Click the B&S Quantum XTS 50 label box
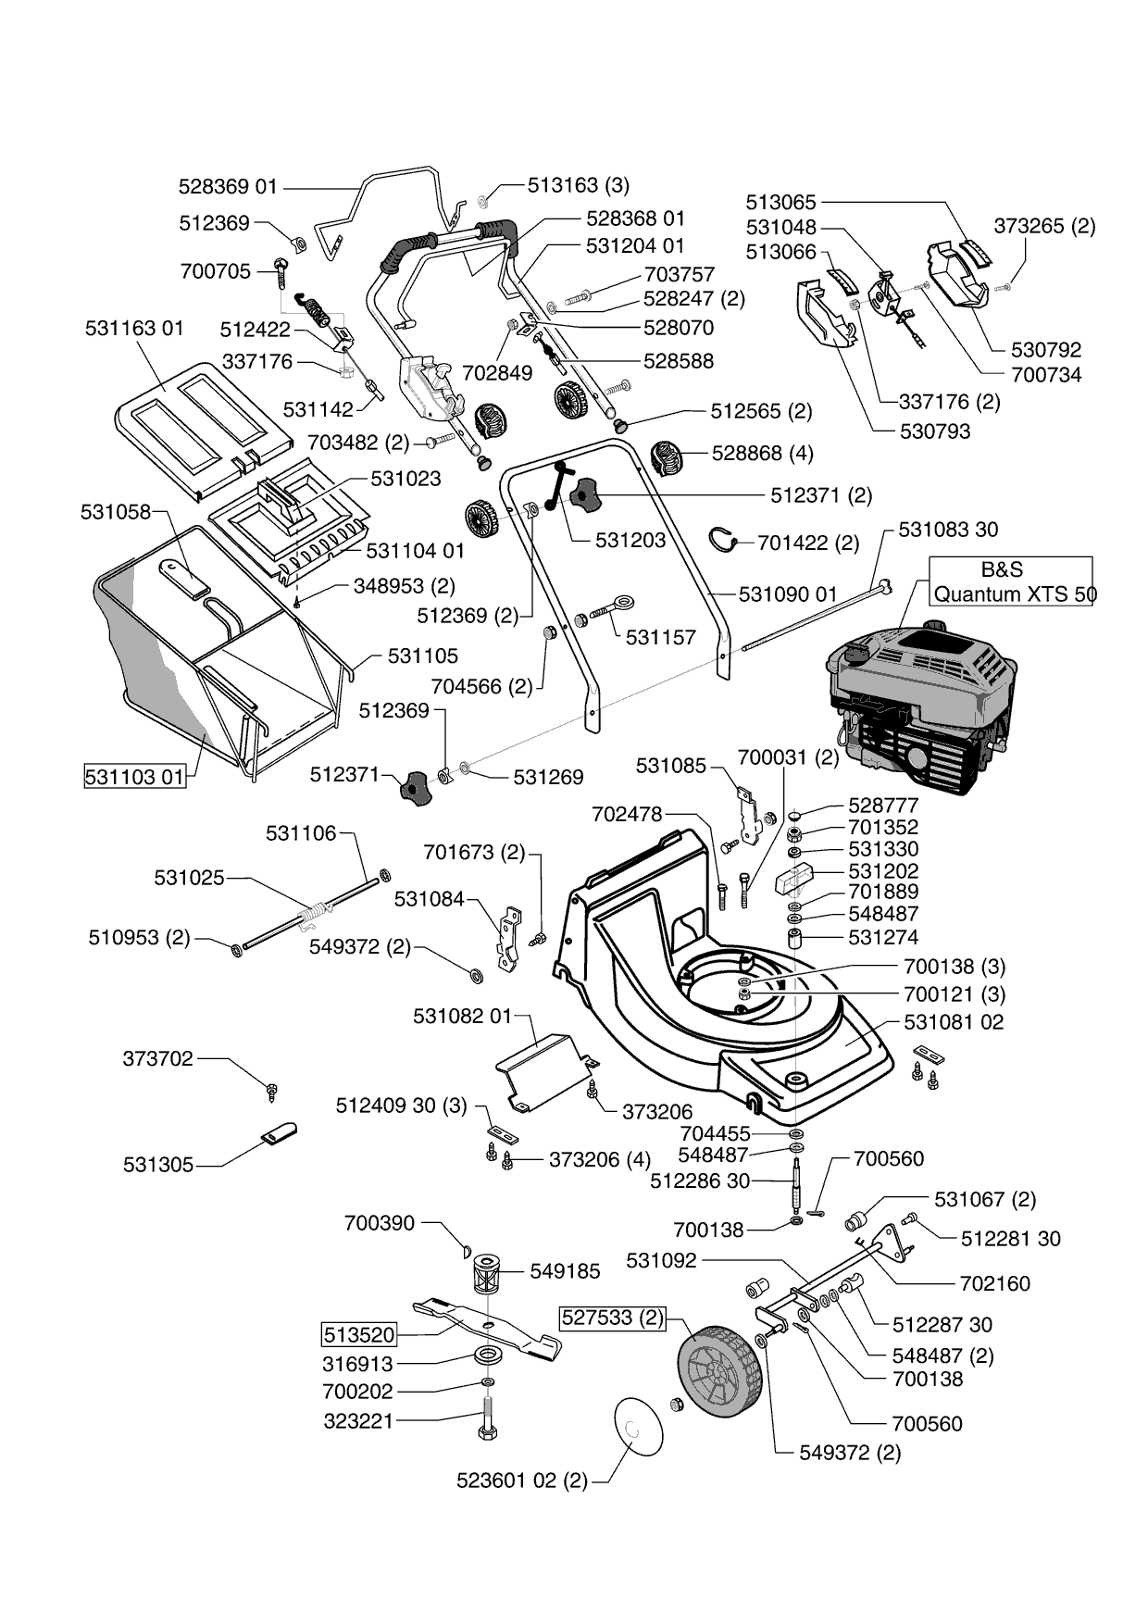pos(1011,581)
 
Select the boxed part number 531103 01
pos(134,776)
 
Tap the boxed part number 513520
pos(358,1335)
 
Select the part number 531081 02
pos(953,1022)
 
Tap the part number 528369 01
pos(228,187)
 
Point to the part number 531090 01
pos(788,593)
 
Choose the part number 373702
pos(158,1058)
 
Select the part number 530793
pos(933,431)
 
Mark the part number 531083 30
pos(948,530)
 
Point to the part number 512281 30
pos(1011,1239)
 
